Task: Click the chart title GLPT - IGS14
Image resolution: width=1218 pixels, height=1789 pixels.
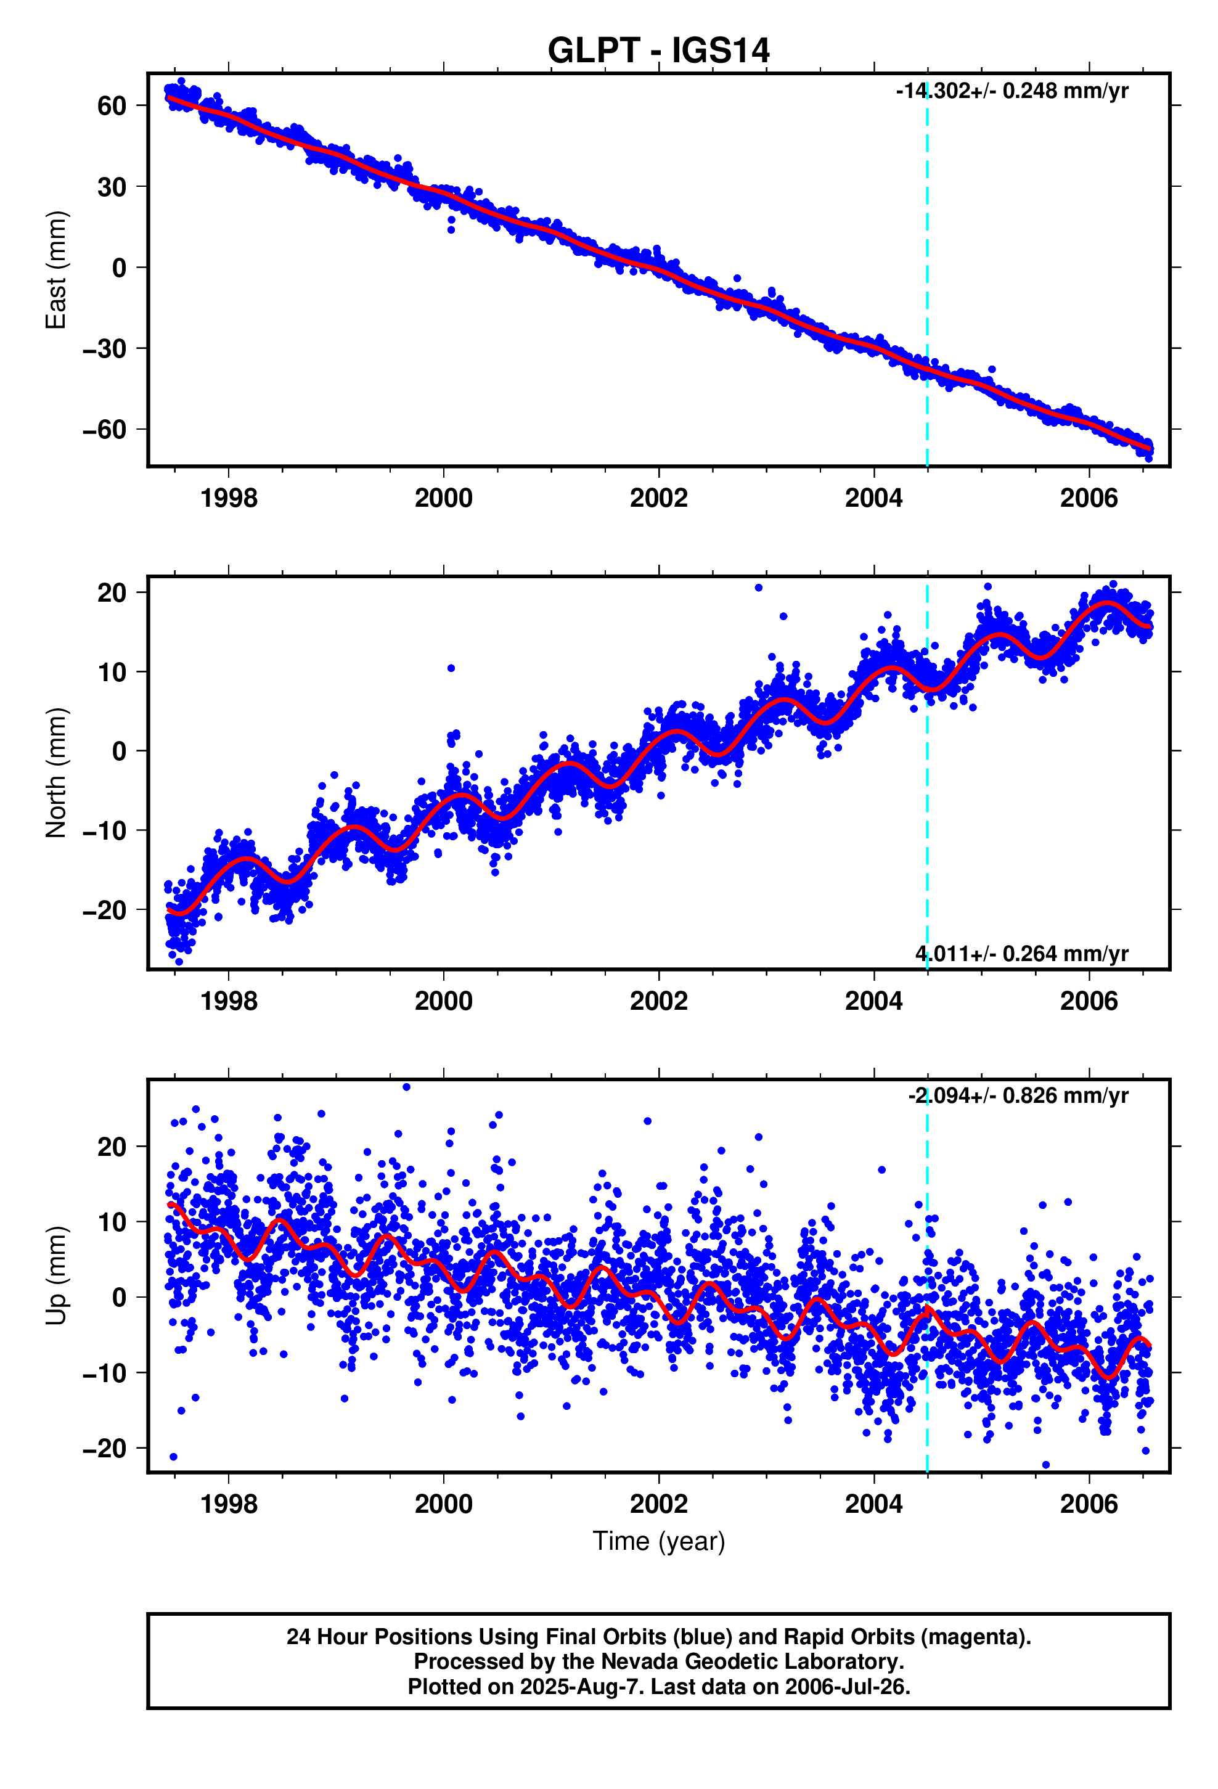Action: [658, 51]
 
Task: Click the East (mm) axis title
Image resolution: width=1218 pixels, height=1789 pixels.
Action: [56, 269]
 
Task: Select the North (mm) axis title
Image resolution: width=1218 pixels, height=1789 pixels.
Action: [56, 772]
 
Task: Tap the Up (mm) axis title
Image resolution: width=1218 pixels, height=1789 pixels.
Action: [56, 1275]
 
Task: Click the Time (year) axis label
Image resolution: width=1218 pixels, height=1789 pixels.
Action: [658, 1541]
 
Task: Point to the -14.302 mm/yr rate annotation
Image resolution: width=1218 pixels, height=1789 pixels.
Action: [1012, 91]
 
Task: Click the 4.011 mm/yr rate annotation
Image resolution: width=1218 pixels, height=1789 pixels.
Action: [1021, 954]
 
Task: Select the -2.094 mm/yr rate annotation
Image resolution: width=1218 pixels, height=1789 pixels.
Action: [1018, 1095]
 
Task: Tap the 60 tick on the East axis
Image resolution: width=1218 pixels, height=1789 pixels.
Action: [112, 106]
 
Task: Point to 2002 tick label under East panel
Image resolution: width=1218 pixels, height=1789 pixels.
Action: [658, 498]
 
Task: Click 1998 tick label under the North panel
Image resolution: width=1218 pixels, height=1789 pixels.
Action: [229, 1001]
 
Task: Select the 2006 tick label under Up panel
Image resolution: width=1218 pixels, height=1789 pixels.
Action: [1088, 1504]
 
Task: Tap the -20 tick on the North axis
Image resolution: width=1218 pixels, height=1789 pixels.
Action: [104, 910]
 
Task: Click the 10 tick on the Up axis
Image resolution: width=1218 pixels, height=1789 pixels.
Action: [112, 1222]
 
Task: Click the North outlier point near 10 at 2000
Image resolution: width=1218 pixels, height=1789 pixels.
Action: [451, 668]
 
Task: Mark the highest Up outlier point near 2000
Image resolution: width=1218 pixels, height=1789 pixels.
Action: [406, 1087]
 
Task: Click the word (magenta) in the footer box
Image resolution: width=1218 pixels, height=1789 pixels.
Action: [976, 1637]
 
